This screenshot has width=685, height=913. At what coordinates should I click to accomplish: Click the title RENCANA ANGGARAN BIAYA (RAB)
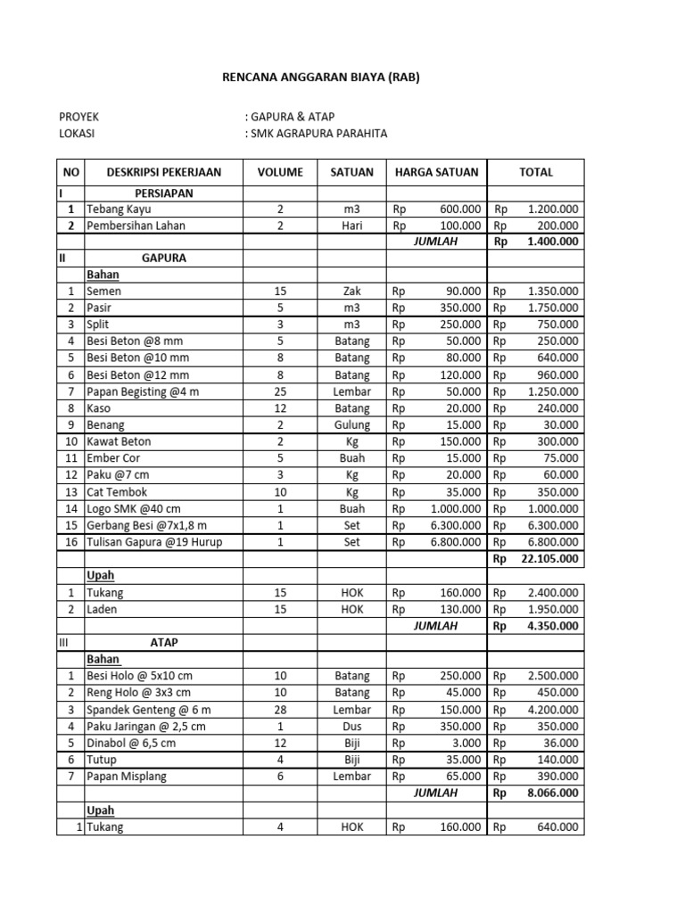320,78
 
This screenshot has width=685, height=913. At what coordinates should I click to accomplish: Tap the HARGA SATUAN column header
436,172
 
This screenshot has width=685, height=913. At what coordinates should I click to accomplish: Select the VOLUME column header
280,172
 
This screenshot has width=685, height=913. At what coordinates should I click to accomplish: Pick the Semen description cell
104,291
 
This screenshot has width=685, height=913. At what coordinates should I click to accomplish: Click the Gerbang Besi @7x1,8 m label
146,525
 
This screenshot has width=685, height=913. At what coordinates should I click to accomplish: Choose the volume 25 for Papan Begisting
280,391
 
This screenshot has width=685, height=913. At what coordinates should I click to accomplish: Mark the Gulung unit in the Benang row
351,425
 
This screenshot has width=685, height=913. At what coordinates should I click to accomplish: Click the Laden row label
102,609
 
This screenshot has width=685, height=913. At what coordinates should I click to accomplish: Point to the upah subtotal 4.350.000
552,626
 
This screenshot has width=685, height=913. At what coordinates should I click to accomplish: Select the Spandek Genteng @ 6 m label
148,710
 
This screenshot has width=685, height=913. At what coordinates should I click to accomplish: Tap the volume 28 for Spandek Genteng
280,710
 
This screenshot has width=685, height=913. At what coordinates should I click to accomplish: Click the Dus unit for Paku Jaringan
351,727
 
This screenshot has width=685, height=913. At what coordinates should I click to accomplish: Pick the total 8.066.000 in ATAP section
552,793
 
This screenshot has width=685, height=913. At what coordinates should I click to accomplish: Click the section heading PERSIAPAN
163,193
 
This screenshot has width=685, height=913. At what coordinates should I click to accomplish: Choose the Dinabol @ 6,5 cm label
131,743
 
